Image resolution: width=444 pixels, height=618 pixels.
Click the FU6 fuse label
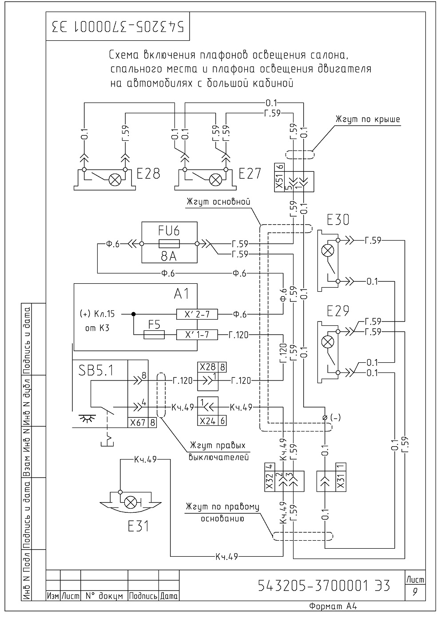point(169,230)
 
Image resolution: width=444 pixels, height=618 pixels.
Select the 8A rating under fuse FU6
point(169,256)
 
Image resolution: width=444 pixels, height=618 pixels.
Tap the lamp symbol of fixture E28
point(113,180)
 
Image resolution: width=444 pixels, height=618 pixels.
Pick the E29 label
point(338,311)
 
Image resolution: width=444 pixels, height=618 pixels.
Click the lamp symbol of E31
point(129,502)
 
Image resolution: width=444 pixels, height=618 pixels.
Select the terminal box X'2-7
point(197,314)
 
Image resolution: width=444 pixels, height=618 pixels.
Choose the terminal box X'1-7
point(197,335)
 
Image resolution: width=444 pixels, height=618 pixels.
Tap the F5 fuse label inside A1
point(154,325)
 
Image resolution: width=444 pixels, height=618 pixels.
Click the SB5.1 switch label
point(96,371)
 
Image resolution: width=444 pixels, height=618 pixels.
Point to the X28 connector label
point(207,367)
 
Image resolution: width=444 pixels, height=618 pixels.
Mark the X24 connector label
point(207,421)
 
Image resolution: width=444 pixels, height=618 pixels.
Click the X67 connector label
point(138,423)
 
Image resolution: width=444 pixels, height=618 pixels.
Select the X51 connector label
point(279,181)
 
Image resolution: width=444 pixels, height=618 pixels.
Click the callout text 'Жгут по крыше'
point(368,119)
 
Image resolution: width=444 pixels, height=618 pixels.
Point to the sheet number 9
point(415,592)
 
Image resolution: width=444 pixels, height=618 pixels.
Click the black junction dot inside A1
point(134,314)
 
